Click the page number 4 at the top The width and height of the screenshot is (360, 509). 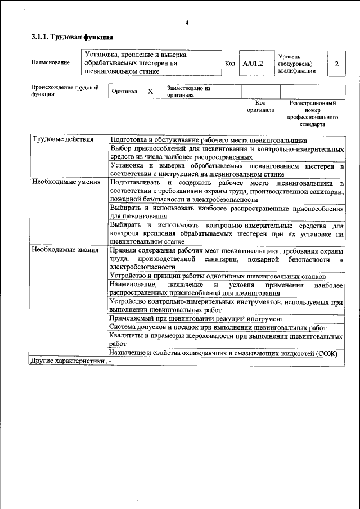186,22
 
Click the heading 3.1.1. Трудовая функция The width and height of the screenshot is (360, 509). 72,37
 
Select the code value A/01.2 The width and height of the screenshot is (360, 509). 253,64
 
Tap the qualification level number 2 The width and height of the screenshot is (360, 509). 336,64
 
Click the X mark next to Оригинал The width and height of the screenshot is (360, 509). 150,92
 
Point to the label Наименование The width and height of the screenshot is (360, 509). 51,62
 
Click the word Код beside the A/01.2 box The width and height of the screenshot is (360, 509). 229,64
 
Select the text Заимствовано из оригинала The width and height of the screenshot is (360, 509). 188,92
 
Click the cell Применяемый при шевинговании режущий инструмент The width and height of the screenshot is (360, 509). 204,318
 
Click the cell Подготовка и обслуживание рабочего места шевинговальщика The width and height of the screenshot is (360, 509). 208,139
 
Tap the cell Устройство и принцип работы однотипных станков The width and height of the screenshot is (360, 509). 218,276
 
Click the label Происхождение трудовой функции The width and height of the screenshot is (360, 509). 65,91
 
